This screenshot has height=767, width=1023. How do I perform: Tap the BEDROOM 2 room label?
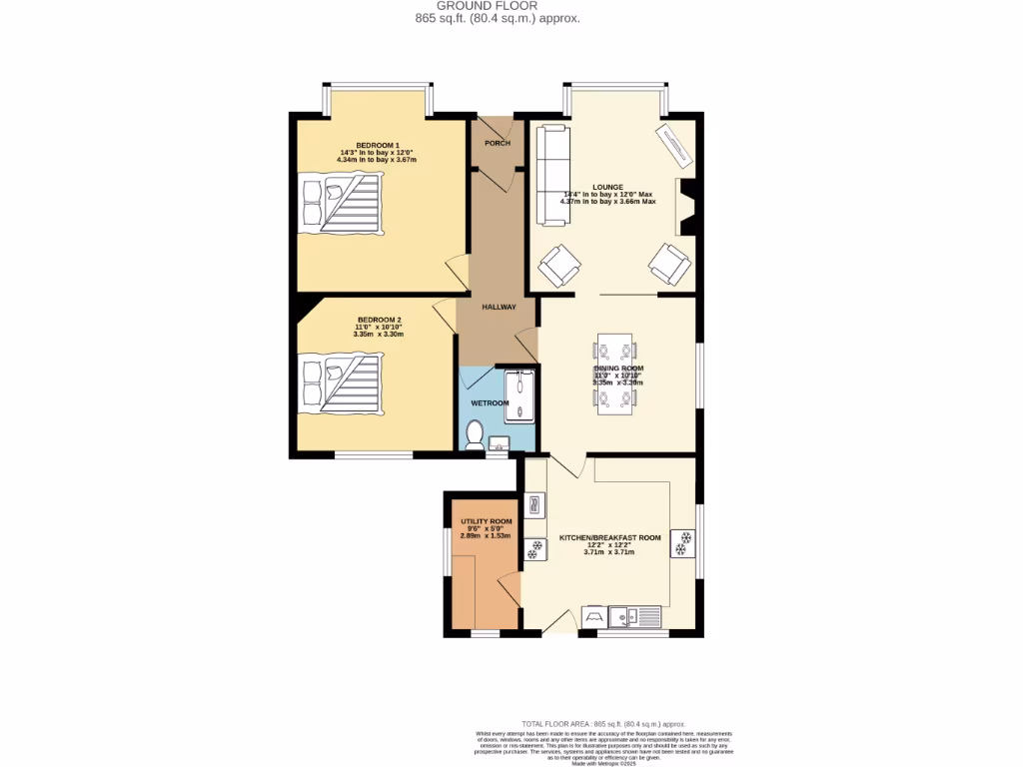378,321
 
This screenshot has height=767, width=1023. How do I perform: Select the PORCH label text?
497,143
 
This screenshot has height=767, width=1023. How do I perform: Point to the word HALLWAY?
499,307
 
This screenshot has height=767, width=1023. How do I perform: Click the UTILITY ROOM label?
486,521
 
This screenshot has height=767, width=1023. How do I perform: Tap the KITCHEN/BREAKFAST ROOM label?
609,538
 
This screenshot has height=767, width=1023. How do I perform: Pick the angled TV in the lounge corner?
674,148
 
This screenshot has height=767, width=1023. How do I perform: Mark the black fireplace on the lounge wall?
686,207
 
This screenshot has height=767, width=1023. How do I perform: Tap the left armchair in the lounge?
559,265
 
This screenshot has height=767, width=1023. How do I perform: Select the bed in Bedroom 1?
341,203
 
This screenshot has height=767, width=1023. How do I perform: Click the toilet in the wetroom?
475,434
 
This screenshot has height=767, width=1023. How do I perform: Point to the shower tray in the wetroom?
519,397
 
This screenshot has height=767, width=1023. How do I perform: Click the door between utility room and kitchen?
511,589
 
